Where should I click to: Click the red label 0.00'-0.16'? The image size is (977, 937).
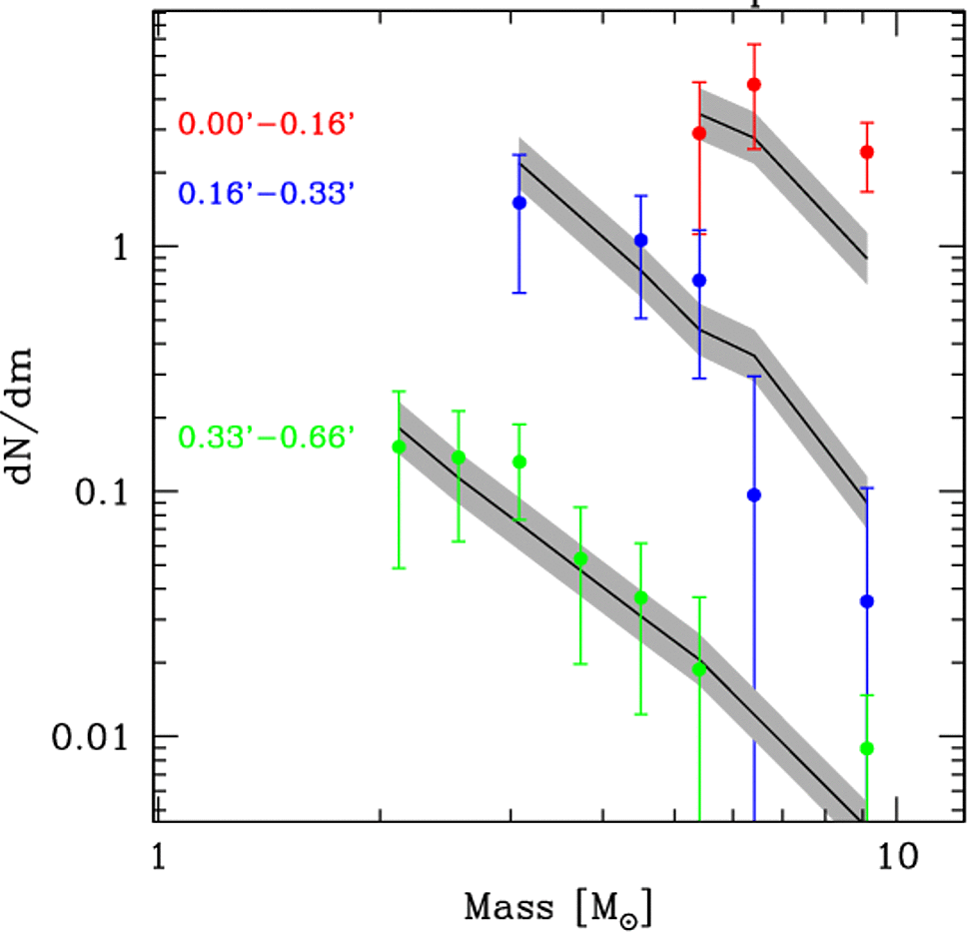268,125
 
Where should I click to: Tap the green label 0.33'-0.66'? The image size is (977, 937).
268,437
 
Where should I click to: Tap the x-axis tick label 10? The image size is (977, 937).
896,856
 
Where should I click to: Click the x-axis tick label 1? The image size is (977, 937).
156,856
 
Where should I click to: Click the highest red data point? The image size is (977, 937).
754,85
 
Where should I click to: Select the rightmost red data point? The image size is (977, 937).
867,152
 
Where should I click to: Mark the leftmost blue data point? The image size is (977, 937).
519,203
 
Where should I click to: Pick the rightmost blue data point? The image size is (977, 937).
867,601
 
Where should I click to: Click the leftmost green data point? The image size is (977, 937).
399,447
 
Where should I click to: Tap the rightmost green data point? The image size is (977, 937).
867,748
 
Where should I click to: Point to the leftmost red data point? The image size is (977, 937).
699,133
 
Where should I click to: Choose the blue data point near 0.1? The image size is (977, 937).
754,495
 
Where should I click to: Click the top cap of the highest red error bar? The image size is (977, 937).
754,44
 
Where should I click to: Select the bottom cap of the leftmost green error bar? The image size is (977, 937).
399,568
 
